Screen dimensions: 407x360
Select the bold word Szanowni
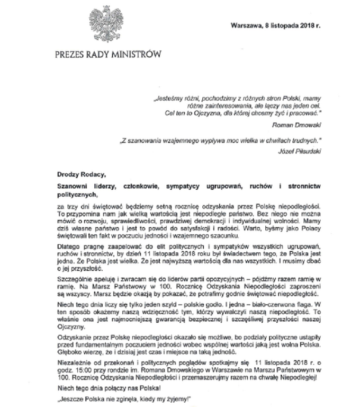pyautogui.click(x=74, y=186)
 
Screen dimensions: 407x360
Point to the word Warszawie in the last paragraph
pyautogui.click(x=209, y=371)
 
